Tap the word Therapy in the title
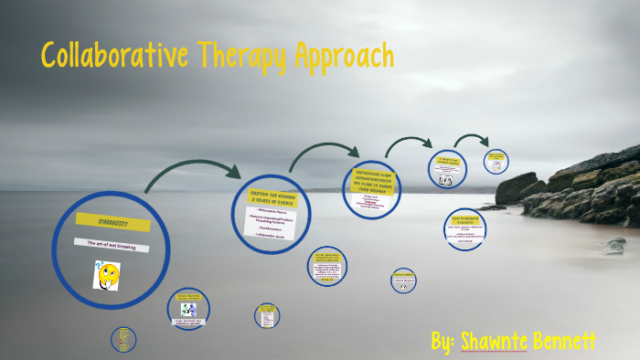pyautogui.click(x=241, y=56)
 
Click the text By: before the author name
pyautogui.click(x=443, y=342)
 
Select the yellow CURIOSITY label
pyautogui.click(x=100, y=221)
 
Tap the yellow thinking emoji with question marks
pyautogui.click(x=107, y=274)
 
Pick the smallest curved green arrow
pyautogui.click(x=472, y=140)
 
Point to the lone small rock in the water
pyautogui.click(x=617, y=244)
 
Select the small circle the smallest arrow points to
pyautogui.click(x=496, y=161)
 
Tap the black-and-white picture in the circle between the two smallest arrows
pyautogui.click(x=445, y=180)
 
